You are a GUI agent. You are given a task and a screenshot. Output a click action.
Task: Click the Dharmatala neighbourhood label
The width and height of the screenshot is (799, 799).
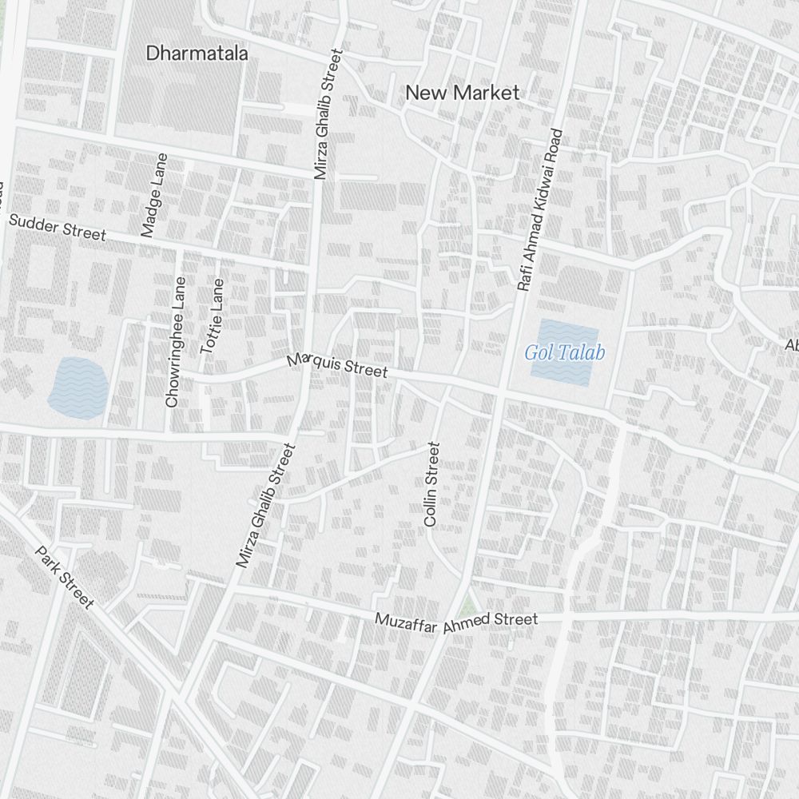197,54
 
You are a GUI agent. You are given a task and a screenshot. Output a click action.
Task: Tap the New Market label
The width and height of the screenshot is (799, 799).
462,93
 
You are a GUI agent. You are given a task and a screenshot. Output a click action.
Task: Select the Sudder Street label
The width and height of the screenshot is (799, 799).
57,228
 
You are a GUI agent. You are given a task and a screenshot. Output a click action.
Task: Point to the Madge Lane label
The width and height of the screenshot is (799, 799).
154,195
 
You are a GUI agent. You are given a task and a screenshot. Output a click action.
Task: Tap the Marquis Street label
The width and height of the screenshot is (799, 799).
337,366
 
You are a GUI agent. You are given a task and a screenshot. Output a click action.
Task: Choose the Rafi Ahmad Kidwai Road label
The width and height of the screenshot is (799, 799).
541,210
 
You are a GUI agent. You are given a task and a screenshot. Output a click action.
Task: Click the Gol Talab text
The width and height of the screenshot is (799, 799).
565,352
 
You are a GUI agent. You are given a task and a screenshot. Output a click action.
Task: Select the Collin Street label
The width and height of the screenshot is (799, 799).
432,484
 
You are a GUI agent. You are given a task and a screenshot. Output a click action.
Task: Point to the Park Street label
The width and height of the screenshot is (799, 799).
65,577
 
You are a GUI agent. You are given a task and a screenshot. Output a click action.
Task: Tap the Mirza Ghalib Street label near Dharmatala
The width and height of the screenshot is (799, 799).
328,113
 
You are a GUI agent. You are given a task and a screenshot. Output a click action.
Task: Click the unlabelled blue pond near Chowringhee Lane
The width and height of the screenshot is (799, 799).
76,387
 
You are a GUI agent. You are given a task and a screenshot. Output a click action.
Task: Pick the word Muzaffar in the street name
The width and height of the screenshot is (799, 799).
407,623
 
